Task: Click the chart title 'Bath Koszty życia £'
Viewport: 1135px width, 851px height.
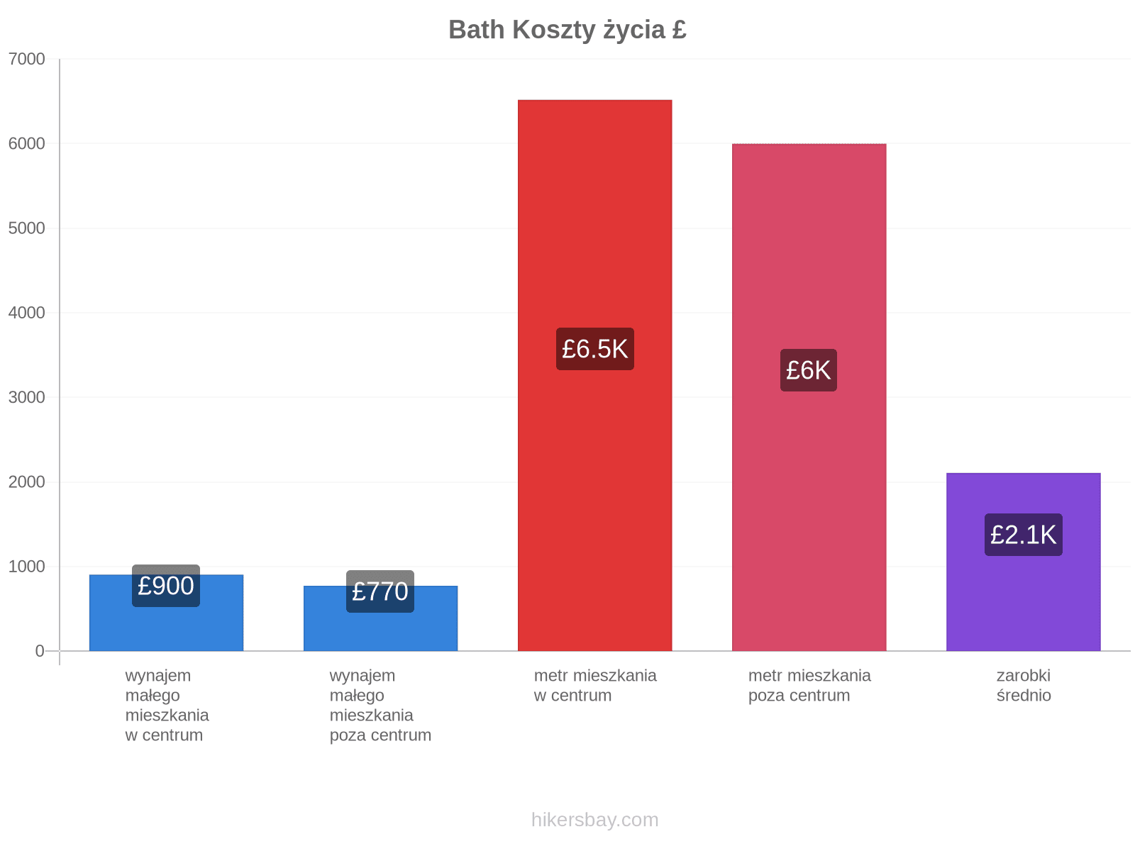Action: tap(567, 30)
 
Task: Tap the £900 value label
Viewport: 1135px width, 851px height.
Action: tap(165, 586)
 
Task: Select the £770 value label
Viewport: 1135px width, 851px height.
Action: tap(380, 591)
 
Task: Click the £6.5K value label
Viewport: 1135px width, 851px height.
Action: tap(594, 349)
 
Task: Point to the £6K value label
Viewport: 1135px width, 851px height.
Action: tap(808, 370)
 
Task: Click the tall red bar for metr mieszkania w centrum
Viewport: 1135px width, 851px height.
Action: tap(594, 375)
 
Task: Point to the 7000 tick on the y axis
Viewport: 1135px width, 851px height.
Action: tap(26, 59)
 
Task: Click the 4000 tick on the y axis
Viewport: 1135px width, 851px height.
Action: tap(26, 313)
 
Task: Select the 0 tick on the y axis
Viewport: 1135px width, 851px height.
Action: tap(40, 650)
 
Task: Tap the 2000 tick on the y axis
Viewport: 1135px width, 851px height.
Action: tap(26, 482)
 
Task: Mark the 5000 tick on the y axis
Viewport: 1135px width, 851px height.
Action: tap(26, 228)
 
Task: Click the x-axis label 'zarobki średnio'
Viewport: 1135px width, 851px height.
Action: tap(1023, 685)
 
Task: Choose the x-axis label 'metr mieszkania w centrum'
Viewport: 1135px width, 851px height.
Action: tap(594, 685)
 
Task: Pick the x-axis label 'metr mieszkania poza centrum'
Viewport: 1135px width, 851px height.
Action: tap(809, 685)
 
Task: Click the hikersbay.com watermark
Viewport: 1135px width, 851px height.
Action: tap(594, 820)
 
